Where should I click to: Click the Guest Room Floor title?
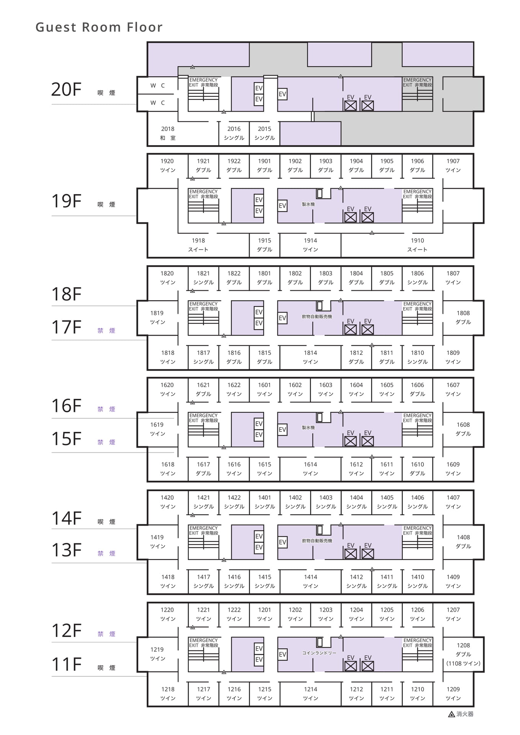coord(99,27)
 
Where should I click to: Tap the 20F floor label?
coord(67,90)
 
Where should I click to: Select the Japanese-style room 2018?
coord(168,133)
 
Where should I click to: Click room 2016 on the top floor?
coord(234,133)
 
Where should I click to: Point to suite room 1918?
coord(198,245)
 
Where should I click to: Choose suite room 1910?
coord(417,245)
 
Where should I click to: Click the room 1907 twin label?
coord(453,165)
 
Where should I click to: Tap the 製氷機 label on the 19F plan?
coord(308,204)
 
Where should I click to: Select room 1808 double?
coord(463,317)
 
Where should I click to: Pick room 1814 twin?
coord(311,357)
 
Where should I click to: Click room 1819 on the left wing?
coord(157,317)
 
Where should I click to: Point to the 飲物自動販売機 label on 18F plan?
coord(317,317)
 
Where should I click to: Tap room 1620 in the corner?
coord(167,389)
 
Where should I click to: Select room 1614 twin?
coord(311,469)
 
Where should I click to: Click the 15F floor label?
coord(67,439)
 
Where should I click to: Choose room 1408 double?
coord(463,542)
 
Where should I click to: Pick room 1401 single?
coord(265,502)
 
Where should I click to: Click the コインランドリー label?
coord(319,653)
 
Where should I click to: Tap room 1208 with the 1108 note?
coord(463,654)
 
